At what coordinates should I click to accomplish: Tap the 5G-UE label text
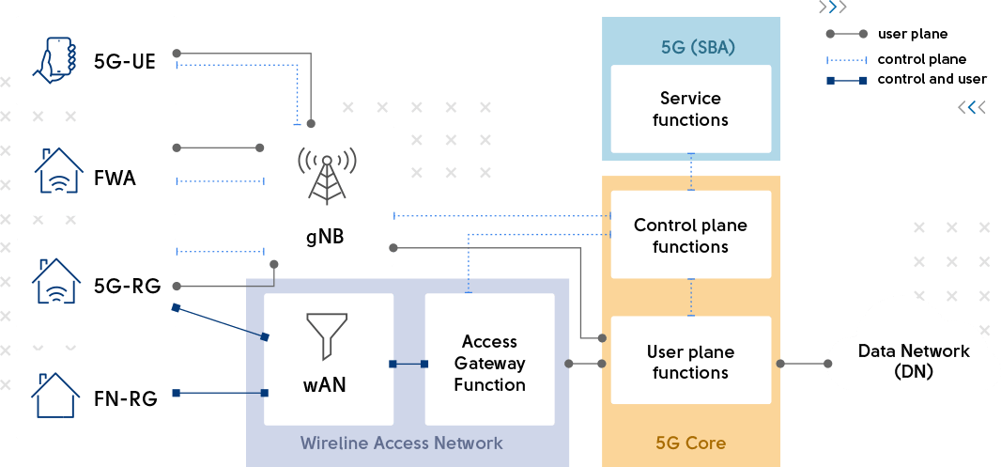click(124, 63)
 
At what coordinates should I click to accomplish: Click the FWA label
click(115, 178)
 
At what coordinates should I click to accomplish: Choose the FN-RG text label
click(125, 397)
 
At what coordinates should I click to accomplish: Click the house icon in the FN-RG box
click(58, 394)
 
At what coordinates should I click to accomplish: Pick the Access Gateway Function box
click(489, 363)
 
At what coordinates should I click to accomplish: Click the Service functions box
click(690, 109)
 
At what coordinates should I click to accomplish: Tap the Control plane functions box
click(690, 236)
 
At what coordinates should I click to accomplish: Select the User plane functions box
click(690, 363)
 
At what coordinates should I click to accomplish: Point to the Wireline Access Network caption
click(401, 443)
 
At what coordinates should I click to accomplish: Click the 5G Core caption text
click(690, 443)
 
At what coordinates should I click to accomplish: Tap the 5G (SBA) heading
click(698, 47)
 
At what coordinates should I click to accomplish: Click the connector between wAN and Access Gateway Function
click(408, 364)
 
